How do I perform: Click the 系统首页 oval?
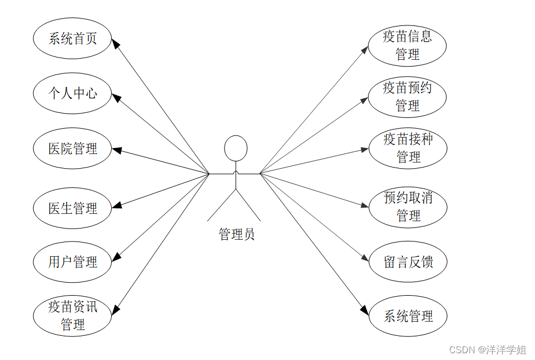tap(72, 38)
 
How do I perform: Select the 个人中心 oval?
tap(72, 93)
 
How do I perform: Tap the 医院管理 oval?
tap(72, 148)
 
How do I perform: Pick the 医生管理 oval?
tap(72, 208)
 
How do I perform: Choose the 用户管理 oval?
tap(72, 262)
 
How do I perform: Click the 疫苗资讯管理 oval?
tap(72, 315)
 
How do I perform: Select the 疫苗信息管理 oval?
tap(407, 46)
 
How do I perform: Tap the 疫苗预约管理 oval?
tap(407, 96)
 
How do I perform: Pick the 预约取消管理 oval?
tap(408, 207)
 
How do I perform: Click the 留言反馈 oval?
tap(408, 262)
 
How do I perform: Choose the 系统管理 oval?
tap(408, 316)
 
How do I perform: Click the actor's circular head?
tap(235, 148)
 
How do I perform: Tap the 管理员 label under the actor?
tap(236, 234)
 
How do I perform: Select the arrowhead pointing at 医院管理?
tap(116, 150)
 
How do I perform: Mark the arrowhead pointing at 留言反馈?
tap(365, 258)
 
